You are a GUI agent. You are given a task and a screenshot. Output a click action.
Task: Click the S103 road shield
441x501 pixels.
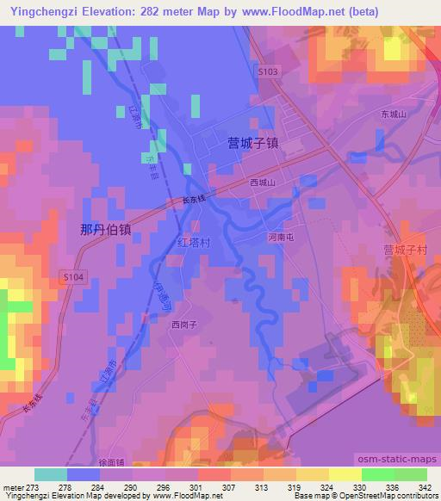tap(267, 73)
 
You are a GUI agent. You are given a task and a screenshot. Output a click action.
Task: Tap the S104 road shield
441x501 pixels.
tap(72, 277)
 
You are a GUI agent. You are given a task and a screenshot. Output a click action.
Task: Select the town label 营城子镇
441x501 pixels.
tap(253, 144)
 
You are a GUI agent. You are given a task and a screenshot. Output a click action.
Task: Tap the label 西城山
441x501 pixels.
tap(262, 183)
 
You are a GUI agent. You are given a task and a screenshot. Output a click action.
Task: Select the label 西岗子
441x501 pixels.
tap(184, 325)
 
